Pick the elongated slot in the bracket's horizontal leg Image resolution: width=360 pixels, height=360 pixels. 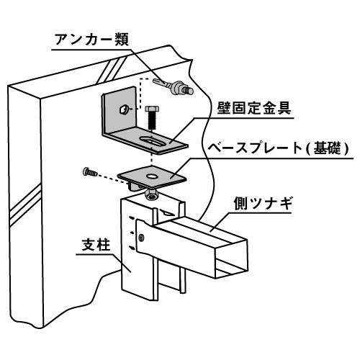click(x=153, y=140)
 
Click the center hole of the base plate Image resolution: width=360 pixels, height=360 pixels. click(x=150, y=173)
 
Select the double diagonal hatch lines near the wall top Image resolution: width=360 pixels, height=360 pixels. click(x=109, y=69)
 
